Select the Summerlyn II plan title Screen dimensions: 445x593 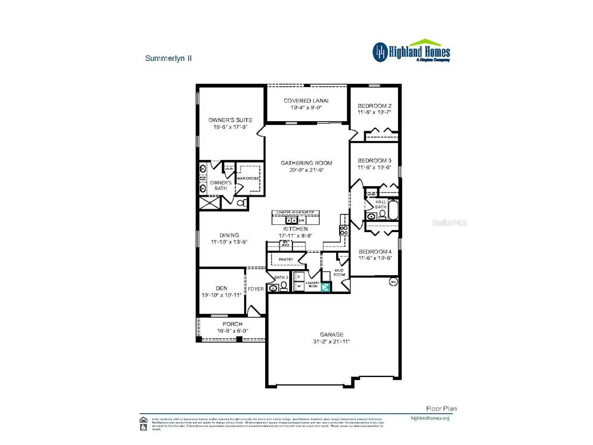click(x=169, y=58)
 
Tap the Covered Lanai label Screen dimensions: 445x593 click(x=306, y=101)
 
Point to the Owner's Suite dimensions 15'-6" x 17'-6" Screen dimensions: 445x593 click(x=230, y=127)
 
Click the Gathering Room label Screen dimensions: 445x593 click(x=306, y=163)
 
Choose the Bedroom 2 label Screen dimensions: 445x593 click(x=374, y=106)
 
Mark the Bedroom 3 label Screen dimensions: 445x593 click(x=374, y=161)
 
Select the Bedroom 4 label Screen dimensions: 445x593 click(x=375, y=252)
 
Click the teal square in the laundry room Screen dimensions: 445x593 click(x=326, y=287)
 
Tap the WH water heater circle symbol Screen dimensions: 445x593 click(x=393, y=282)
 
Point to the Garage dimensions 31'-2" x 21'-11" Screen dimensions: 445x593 click(x=331, y=342)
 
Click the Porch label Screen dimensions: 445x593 click(x=232, y=324)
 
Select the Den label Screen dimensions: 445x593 click(x=221, y=288)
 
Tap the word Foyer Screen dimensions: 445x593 click(x=256, y=289)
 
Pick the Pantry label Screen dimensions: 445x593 click(x=286, y=260)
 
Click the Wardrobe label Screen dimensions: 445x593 click(x=248, y=179)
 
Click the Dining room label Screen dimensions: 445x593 click(x=229, y=235)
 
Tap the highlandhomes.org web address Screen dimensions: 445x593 click(x=430, y=418)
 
